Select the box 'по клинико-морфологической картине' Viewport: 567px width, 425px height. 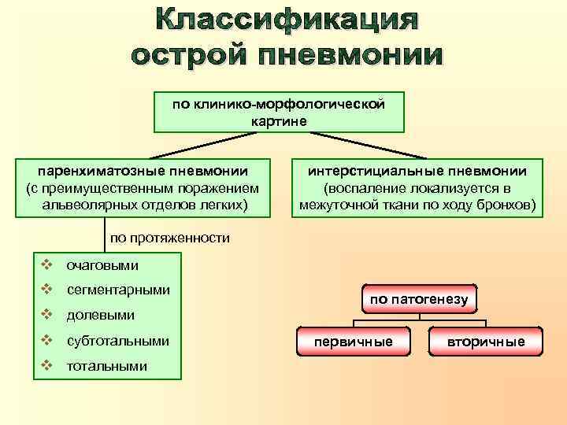pos(279,112)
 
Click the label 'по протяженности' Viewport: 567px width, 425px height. pos(169,237)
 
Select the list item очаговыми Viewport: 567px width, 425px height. pos(102,265)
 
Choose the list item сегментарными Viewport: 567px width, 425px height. pos(118,290)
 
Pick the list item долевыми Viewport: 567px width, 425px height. pos(101,315)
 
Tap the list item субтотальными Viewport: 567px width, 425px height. pos(118,341)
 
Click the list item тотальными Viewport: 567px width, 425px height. pos(107,366)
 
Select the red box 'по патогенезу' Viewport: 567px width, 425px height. pos(419,299)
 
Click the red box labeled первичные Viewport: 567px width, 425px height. pos(353,342)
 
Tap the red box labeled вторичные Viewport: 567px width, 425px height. pos(486,342)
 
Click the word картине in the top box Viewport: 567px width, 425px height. pos(279,120)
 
